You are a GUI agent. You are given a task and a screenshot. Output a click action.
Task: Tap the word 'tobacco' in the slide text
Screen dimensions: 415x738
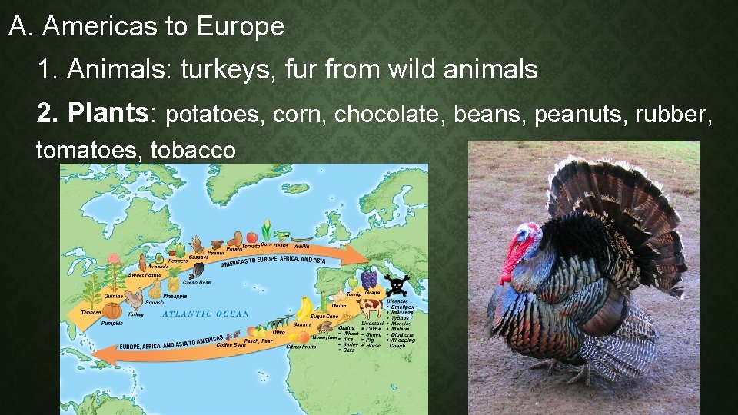tap(193, 150)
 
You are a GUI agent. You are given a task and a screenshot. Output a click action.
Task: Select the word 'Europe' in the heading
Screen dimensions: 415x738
tap(240, 27)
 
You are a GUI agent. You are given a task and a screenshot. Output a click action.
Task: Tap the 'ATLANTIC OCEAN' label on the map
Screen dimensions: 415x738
tap(206, 314)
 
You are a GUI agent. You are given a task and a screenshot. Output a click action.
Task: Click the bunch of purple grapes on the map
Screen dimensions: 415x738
tap(369, 277)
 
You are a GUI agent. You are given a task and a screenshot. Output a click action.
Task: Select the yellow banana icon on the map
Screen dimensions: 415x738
tap(306, 309)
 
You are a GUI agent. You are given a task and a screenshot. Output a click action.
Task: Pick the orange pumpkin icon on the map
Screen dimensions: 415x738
tap(112, 310)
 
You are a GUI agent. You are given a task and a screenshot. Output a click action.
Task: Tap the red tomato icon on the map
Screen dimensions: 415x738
tap(251, 237)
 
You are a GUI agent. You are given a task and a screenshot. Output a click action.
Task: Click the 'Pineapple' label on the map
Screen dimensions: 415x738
tap(175, 296)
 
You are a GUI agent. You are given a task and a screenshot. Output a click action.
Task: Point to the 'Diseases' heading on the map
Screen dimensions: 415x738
tap(398, 301)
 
